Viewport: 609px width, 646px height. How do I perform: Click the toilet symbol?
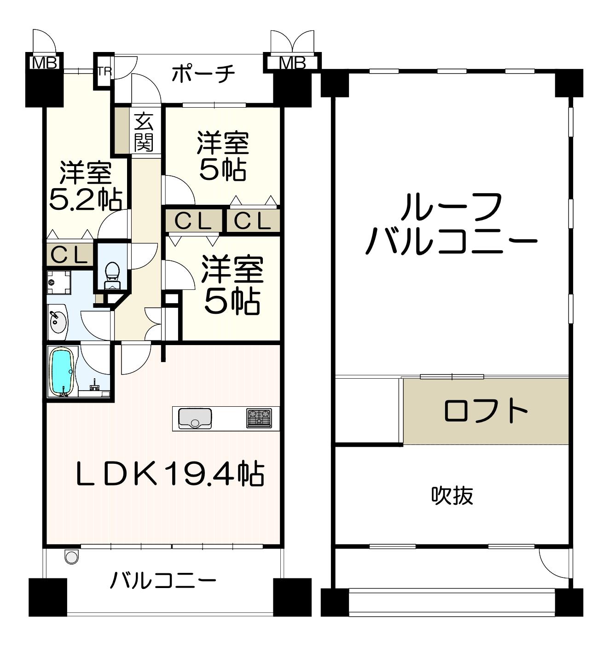112,276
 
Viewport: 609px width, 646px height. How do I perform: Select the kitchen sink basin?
195,418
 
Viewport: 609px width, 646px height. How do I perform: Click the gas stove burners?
259,418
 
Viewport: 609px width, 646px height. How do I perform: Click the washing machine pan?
59,283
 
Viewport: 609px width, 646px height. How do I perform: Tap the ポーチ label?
203,74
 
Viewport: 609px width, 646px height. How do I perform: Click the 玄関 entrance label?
144,132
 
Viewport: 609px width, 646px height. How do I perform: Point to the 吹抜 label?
452,496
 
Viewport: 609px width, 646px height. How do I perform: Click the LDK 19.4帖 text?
170,474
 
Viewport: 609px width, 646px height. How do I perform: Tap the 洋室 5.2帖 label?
85,186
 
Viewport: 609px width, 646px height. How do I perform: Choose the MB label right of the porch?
292,63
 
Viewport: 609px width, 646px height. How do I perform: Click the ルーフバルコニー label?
452,224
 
